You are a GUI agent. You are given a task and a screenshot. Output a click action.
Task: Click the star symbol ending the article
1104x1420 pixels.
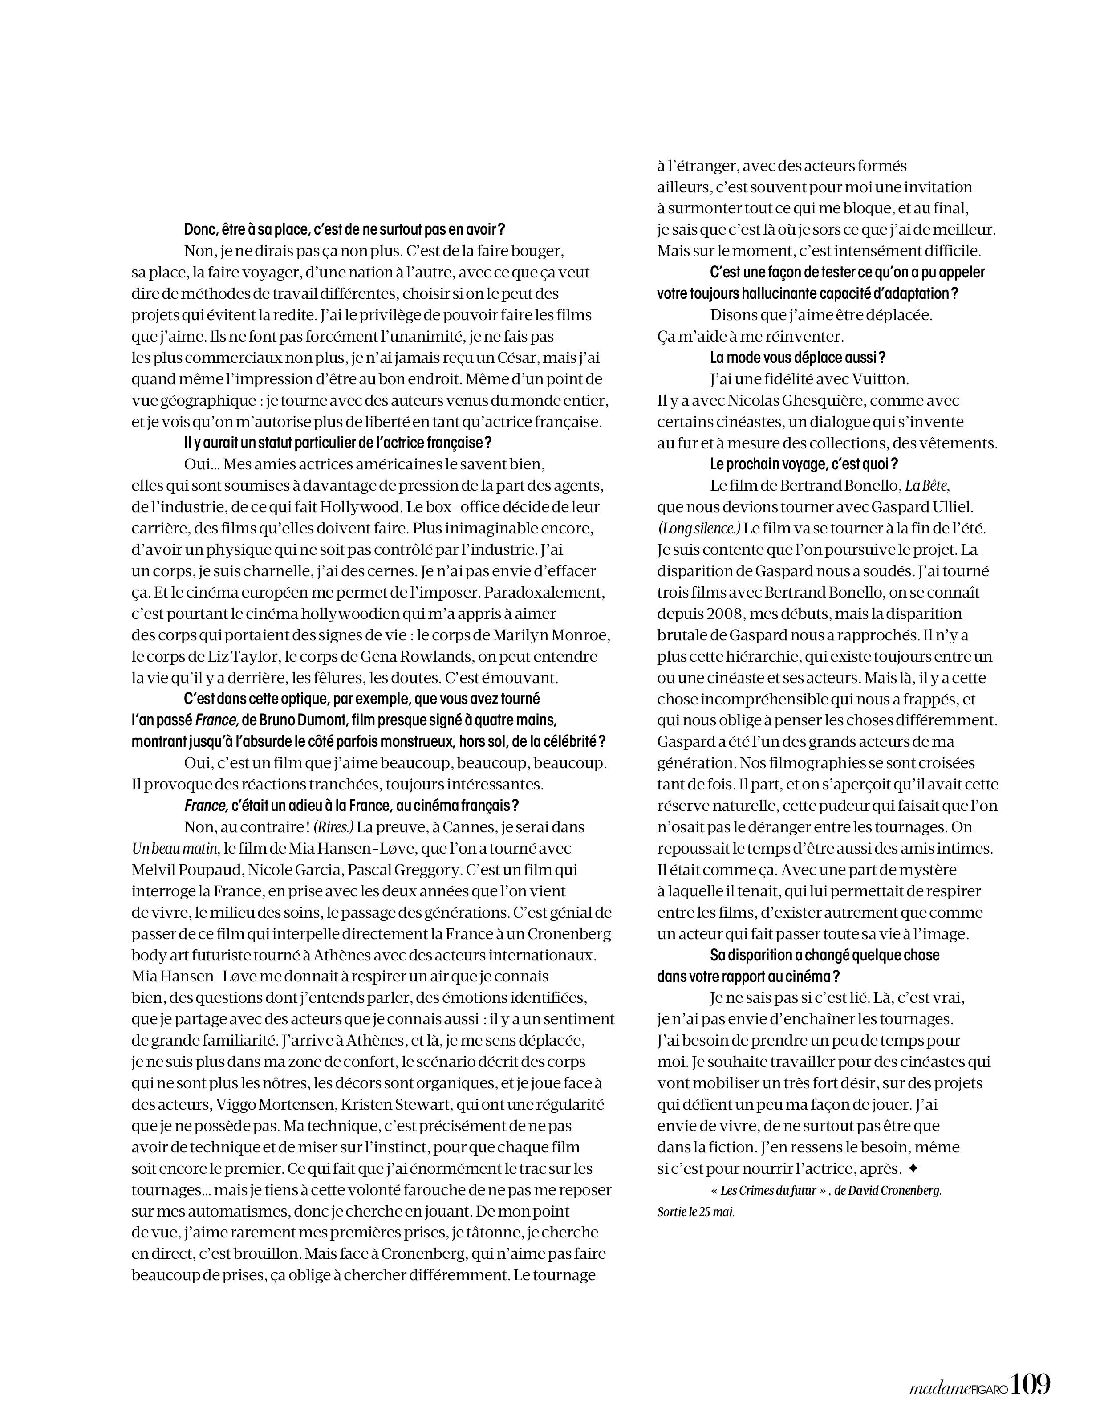point(913,1168)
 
